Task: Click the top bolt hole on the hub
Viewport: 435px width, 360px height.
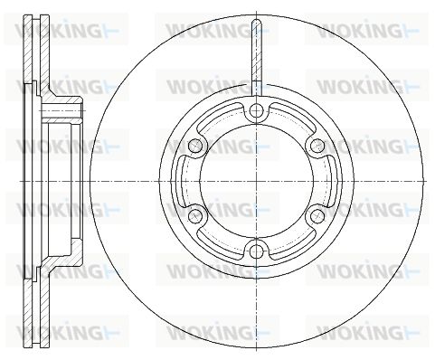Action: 256,111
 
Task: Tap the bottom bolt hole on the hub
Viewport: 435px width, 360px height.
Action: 256,250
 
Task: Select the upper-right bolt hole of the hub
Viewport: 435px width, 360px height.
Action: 317,146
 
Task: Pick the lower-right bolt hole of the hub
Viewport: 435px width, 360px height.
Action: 317,215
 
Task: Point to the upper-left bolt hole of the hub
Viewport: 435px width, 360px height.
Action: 195,146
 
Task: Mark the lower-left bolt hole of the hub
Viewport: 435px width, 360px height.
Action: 195,215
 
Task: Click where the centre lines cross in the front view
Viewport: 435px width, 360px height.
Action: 256,181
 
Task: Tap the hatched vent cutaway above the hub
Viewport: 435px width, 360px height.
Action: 256,51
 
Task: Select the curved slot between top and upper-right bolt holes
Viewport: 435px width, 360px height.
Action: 290,116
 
